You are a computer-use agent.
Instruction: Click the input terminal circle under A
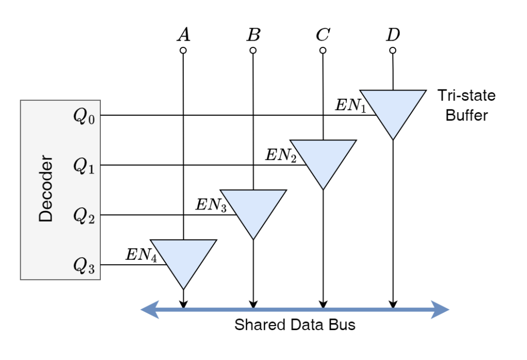click(x=183, y=50)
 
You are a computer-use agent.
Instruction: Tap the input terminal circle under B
click(x=253, y=50)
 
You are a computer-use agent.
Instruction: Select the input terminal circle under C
click(x=323, y=50)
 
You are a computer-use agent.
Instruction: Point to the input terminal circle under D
click(x=393, y=50)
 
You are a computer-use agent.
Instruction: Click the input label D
click(x=393, y=34)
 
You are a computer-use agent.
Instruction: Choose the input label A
click(x=184, y=34)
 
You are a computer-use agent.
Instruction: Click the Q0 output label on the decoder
click(x=84, y=116)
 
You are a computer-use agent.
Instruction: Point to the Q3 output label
click(x=84, y=266)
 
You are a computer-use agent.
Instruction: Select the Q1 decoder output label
click(x=84, y=166)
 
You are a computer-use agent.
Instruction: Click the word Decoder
click(x=46, y=188)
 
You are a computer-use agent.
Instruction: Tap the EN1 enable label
click(x=350, y=105)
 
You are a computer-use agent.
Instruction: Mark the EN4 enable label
click(x=141, y=255)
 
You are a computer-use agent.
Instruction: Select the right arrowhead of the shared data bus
click(x=440, y=309)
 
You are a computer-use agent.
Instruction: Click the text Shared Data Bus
click(x=295, y=325)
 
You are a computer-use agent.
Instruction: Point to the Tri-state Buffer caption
click(x=466, y=105)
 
